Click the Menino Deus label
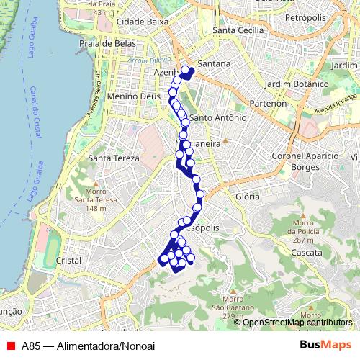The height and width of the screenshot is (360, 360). (x=129, y=96)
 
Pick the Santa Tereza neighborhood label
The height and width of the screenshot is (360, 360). (x=108, y=158)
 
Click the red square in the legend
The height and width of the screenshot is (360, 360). (x=10, y=345)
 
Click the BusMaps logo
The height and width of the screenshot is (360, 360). (x=325, y=344)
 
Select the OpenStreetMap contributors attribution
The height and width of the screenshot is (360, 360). (x=297, y=323)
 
